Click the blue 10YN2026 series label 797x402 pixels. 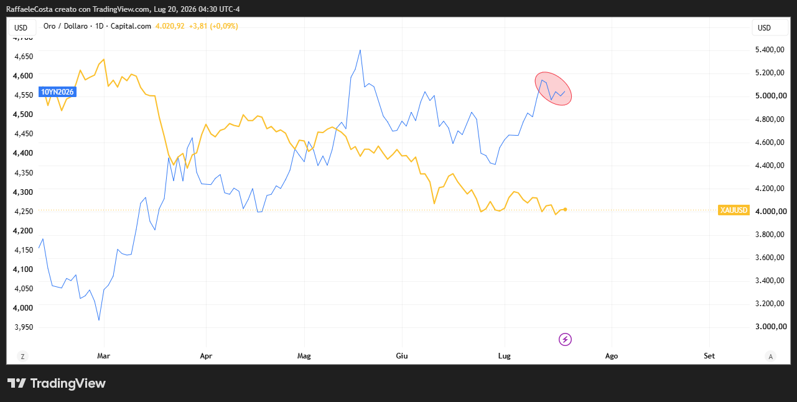[57, 91]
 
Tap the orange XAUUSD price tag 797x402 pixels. [734, 210]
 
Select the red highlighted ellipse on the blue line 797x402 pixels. [553, 88]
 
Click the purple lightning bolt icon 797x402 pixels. [565, 339]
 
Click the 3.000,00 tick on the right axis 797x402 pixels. [771, 327]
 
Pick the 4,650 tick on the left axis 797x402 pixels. [24, 57]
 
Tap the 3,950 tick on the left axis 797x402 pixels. [24, 327]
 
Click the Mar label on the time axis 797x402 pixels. [103, 356]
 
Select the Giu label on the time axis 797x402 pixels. [402, 356]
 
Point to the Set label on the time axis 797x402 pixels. [709, 356]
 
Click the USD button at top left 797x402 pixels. [21, 28]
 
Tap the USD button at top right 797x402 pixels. [764, 28]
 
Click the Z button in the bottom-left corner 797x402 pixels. [23, 357]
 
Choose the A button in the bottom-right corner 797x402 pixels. [771, 357]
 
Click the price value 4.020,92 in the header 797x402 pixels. [170, 26]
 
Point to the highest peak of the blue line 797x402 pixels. [360, 50]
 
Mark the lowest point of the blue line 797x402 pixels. [99, 320]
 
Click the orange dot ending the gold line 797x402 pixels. [565, 210]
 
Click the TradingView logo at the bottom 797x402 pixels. [57, 383]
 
